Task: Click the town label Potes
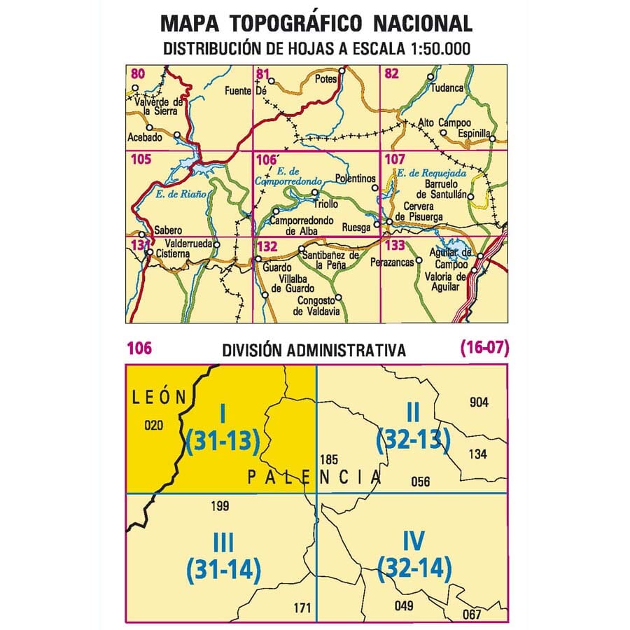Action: tap(327, 79)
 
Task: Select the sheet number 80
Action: tap(138, 73)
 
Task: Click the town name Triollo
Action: tap(324, 204)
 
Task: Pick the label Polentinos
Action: tap(352, 178)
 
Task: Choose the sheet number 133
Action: tap(395, 245)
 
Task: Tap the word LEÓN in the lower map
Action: tap(159, 397)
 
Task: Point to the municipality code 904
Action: tap(479, 402)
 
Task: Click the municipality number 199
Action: tap(220, 505)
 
